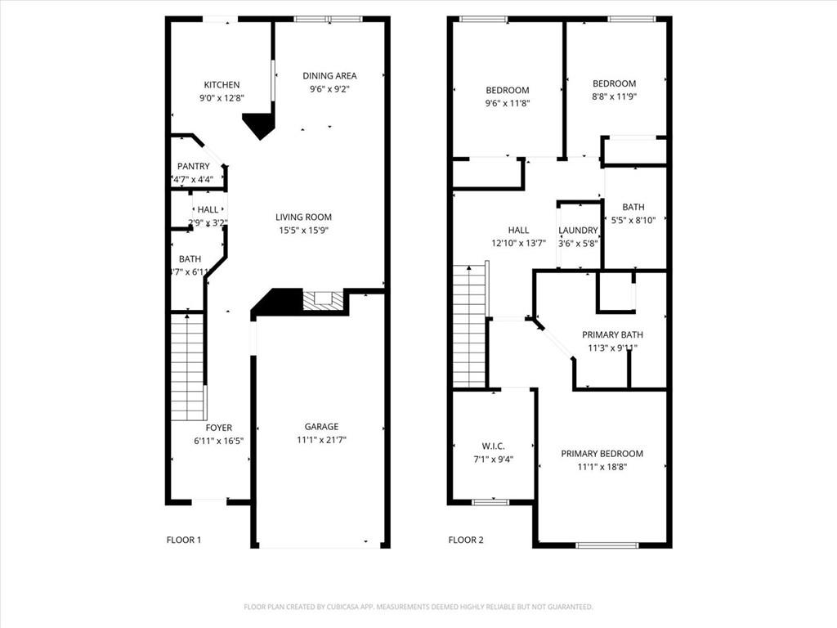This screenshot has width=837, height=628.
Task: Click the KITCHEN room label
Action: [222, 84]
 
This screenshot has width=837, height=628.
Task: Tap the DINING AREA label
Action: [329, 76]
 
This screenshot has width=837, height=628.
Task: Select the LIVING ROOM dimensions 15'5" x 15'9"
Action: [303, 231]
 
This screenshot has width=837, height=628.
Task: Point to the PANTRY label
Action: [193, 166]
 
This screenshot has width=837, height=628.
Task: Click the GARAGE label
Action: [321, 426]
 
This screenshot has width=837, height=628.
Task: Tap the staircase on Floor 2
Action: [469, 327]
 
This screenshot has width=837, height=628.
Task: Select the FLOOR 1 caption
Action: [183, 540]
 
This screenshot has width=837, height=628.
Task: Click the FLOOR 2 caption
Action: [466, 540]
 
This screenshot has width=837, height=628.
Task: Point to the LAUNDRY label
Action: [578, 231]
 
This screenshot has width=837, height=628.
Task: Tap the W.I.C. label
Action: [493, 446]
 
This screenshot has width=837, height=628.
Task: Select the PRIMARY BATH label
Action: [612, 334]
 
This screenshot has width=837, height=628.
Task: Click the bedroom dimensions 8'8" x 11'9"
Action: [614, 96]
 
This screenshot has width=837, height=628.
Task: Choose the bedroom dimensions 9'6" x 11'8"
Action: [507, 104]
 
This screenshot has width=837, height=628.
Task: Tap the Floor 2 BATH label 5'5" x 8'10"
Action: [633, 207]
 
